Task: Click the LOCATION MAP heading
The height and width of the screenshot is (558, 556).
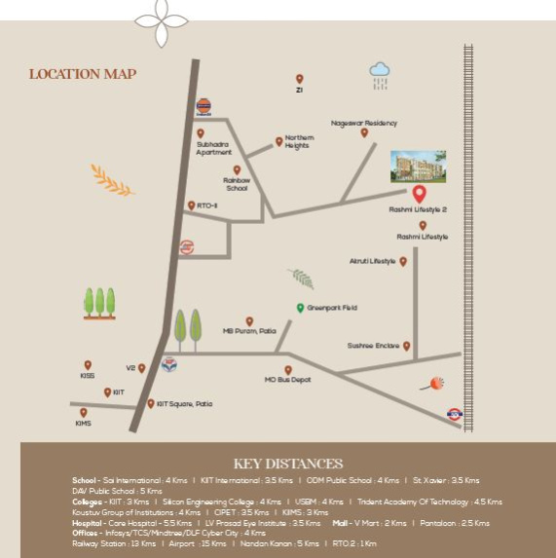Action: pyautogui.click(x=83, y=74)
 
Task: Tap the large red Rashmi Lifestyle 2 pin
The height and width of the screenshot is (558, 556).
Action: pyautogui.click(x=420, y=192)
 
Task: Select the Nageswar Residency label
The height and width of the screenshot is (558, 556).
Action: pyautogui.click(x=364, y=123)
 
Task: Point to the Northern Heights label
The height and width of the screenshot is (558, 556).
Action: pyautogui.click(x=299, y=142)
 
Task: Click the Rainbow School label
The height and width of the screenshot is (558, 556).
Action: pyautogui.click(x=237, y=184)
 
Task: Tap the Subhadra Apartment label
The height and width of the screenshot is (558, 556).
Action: pyautogui.click(x=214, y=149)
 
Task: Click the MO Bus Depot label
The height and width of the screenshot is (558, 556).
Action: pyautogui.click(x=288, y=381)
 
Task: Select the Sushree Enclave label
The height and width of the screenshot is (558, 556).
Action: pyautogui.click(x=373, y=346)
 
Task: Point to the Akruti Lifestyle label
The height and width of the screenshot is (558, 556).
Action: pyautogui.click(x=372, y=262)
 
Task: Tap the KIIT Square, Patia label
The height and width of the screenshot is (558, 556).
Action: pyautogui.click(x=184, y=403)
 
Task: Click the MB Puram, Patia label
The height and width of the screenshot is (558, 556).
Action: pyautogui.click(x=249, y=331)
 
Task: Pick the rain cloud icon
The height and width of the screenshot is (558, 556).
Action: pyautogui.click(x=379, y=71)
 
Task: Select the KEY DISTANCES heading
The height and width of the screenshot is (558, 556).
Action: pyautogui.click(x=288, y=464)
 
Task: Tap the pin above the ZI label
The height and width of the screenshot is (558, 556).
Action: pyautogui.click(x=299, y=79)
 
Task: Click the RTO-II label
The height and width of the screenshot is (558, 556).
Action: pyautogui.click(x=206, y=205)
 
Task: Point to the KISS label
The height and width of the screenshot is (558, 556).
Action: pyautogui.click(x=88, y=375)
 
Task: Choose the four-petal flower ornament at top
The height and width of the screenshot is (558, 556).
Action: pyautogui.click(x=161, y=15)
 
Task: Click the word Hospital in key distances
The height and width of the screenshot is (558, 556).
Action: pyautogui.click(x=88, y=523)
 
